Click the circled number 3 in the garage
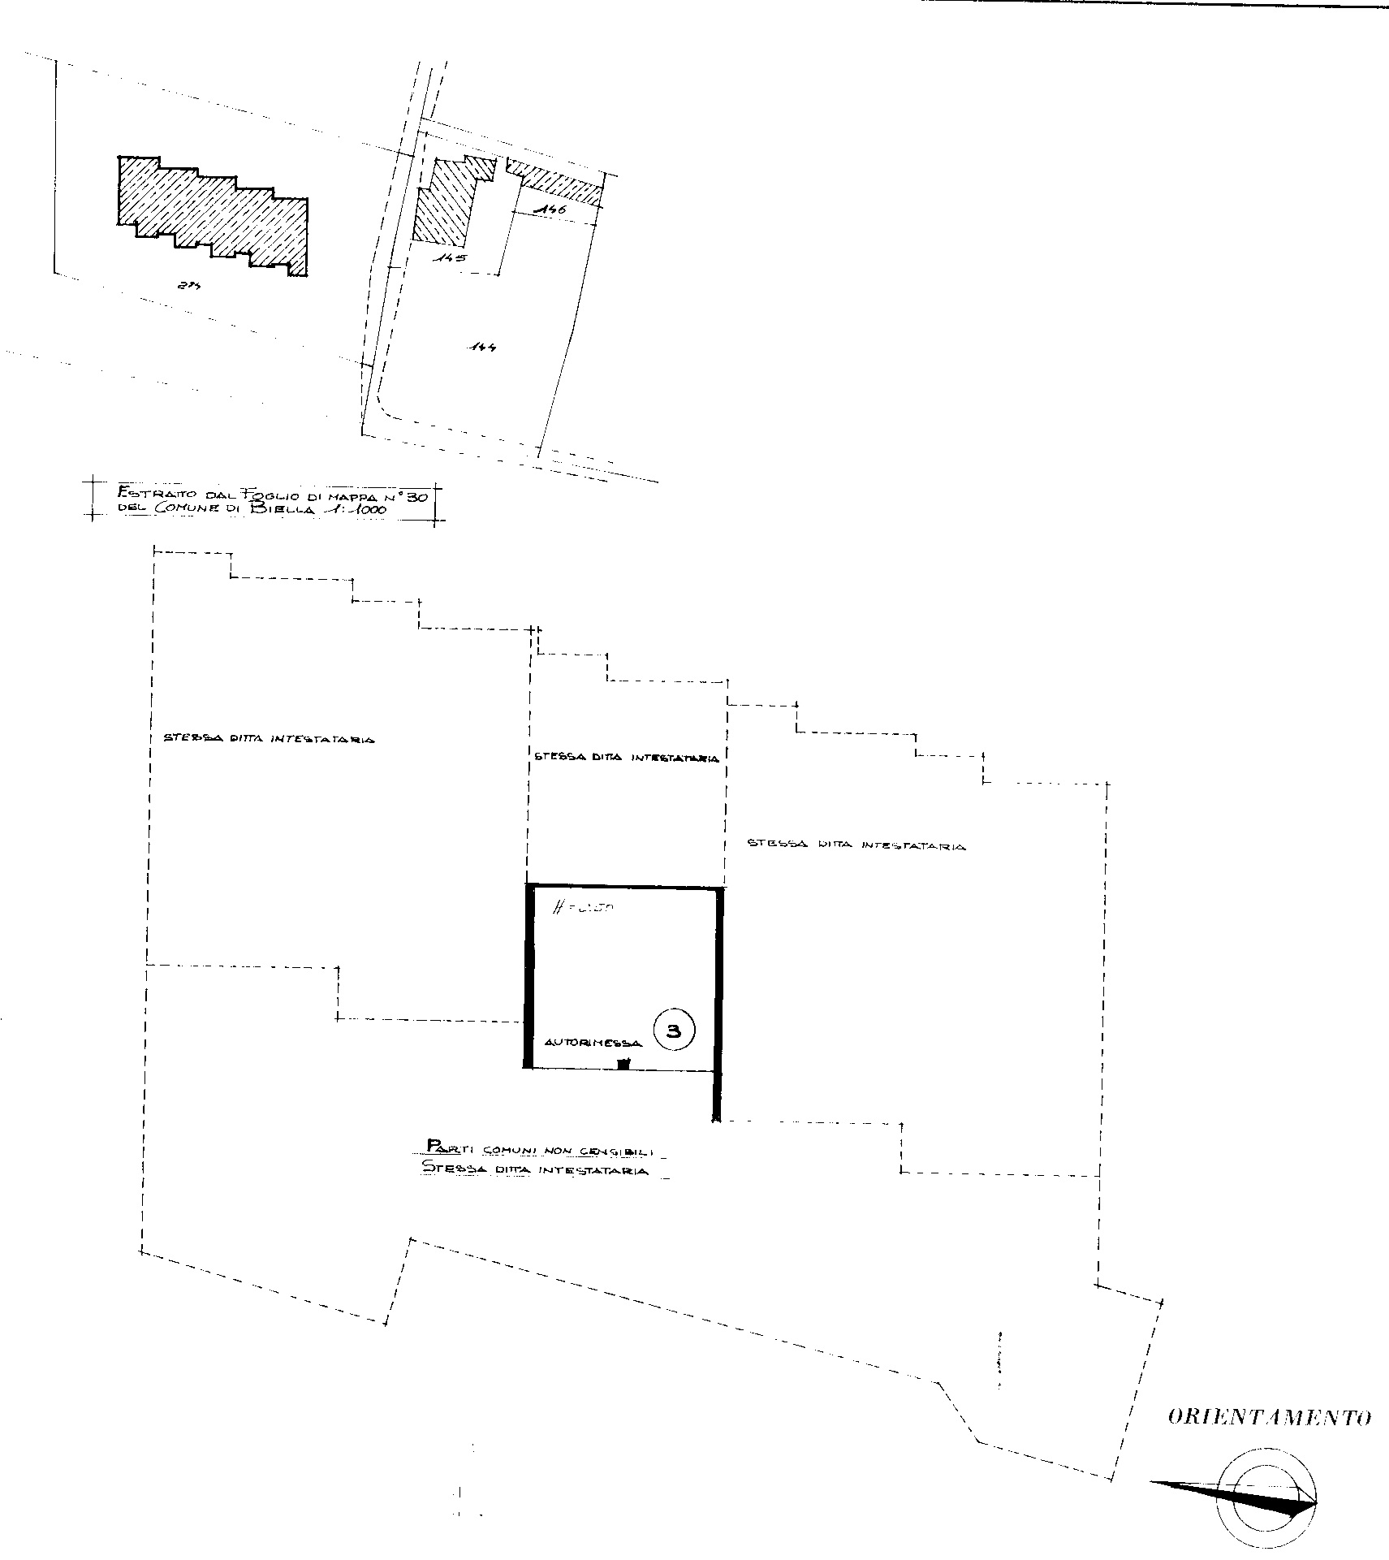(x=673, y=1031)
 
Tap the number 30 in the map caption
(x=425, y=495)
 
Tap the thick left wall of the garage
(x=528, y=974)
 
